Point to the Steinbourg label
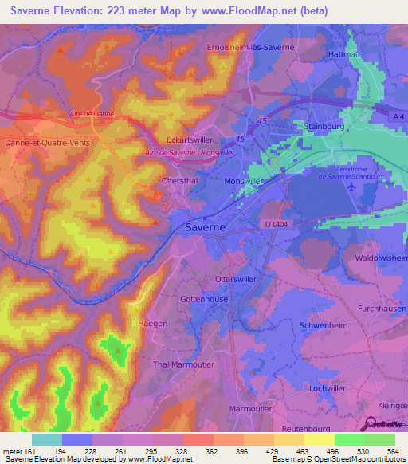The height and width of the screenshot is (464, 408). [x=323, y=126]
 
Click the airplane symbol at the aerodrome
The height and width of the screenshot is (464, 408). [x=351, y=187]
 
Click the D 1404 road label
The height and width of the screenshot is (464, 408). [x=277, y=225]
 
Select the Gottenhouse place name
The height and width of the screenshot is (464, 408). [x=205, y=297]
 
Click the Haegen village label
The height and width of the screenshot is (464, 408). [x=153, y=323]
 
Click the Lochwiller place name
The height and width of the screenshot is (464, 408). [x=328, y=387]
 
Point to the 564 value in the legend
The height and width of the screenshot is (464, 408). [x=393, y=451]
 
